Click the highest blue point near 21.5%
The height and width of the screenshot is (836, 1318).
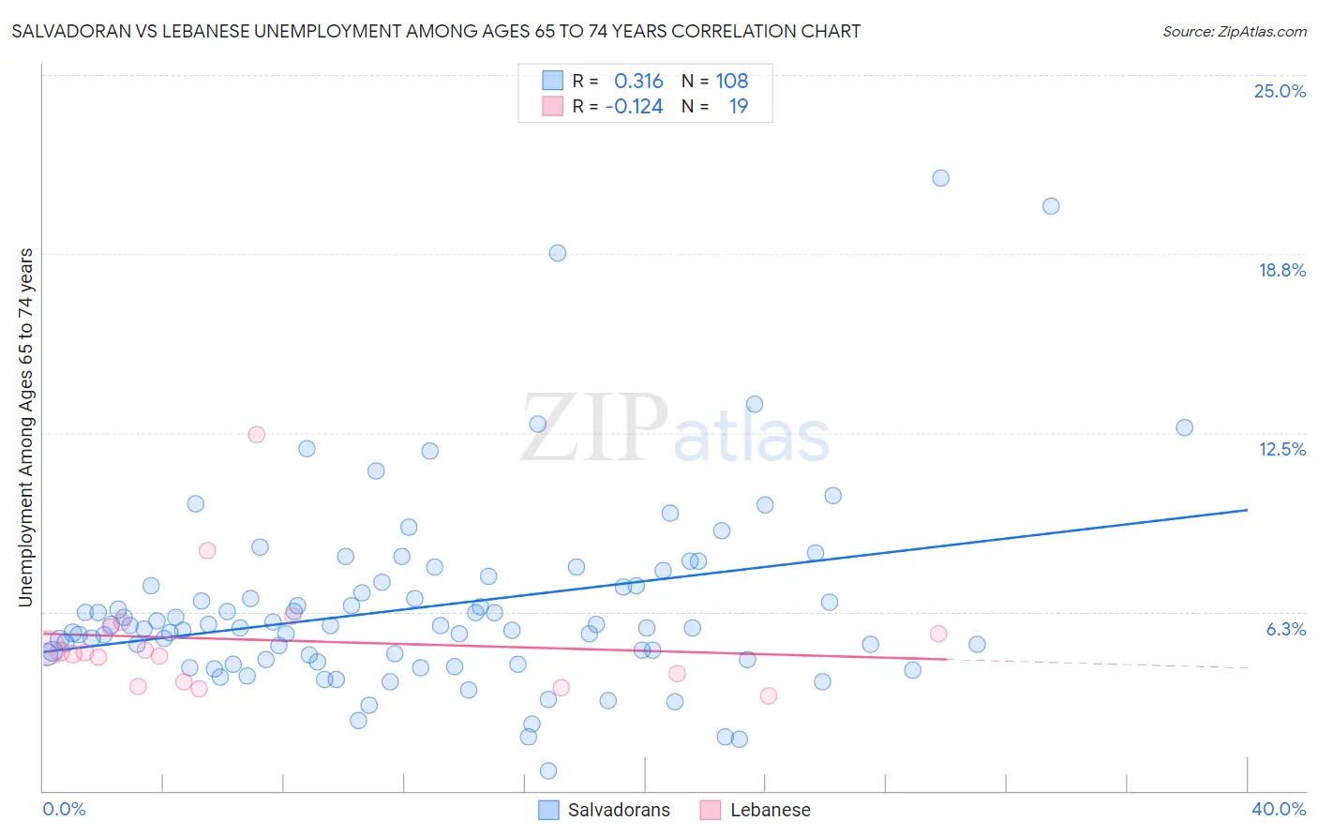coord(940,178)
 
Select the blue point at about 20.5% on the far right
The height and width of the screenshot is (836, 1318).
coord(1050,206)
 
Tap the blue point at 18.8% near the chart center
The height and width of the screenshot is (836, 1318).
coord(557,253)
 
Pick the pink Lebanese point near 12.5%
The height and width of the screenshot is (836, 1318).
coord(256,435)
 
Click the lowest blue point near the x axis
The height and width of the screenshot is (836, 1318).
coord(548,770)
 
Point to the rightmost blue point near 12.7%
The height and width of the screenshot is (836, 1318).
coord(1184,427)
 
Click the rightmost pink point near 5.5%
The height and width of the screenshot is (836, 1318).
coord(937,634)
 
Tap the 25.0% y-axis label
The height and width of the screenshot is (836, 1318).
coord(1279,91)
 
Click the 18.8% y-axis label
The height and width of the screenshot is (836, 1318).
coord(1281,270)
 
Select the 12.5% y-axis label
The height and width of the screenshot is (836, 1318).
coord(1281,449)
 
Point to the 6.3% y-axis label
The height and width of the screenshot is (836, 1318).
coord(1285,629)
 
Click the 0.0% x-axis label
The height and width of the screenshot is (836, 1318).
coord(64,809)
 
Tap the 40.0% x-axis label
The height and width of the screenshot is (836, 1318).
coord(1278,809)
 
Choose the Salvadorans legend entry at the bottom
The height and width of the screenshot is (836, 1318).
coord(605,810)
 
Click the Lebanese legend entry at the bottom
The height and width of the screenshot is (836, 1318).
coord(756,810)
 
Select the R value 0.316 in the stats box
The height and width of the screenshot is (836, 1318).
coord(638,82)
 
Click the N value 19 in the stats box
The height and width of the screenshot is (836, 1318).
coord(738,107)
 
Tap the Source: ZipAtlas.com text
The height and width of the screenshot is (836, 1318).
coord(1234,31)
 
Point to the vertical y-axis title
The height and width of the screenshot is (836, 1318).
coord(25,426)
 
